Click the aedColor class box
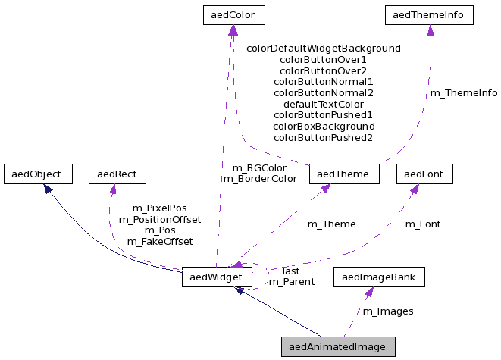click(233, 14)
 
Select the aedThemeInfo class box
click(430, 14)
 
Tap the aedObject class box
click(37, 174)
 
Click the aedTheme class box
click(343, 174)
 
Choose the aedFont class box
click(424, 174)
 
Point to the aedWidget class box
click(217, 278)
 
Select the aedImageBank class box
click(379, 277)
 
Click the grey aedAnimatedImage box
click(338, 347)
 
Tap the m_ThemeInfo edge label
click(464, 93)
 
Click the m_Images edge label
click(388, 311)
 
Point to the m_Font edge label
click(423, 224)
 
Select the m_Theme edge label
click(331, 224)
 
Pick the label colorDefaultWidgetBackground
click(324, 48)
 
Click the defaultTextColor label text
click(324, 104)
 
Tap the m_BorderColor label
click(260, 179)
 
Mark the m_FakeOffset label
click(160, 241)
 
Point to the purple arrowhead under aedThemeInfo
click(431, 30)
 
